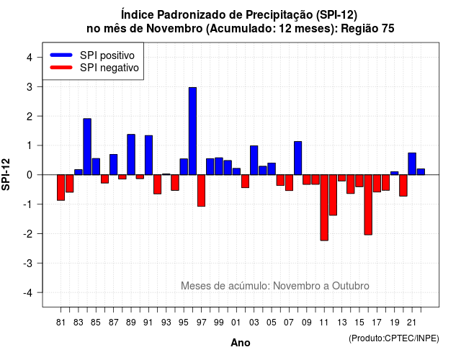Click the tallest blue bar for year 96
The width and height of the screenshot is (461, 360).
click(192, 131)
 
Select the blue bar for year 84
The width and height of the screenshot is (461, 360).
click(87, 147)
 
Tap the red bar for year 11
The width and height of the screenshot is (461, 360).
click(324, 207)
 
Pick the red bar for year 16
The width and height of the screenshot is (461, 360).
click(368, 204)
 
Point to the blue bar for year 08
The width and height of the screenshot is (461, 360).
click(297, 158)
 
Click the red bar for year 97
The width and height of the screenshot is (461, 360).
click(202, 190)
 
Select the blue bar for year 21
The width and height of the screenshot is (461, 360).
click(412, 163)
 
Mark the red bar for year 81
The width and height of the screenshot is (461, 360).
click(61, 187)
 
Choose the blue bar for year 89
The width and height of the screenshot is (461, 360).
click(131, 155)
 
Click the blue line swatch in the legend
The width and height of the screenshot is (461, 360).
click(61, 55)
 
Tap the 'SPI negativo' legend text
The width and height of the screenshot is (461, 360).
click(109, 68)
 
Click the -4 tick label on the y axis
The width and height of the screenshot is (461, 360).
click(28, 293)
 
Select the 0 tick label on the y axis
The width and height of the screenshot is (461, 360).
click(30, 175)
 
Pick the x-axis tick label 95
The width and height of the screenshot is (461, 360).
click(184, 323)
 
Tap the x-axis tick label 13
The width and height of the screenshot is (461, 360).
click(342, 323)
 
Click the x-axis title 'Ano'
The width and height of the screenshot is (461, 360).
click(241, 343)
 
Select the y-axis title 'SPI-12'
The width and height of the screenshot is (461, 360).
click(6, 174)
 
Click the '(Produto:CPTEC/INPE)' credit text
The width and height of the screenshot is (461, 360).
click(394, 338)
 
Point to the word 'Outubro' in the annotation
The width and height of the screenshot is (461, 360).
click(351, 286)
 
